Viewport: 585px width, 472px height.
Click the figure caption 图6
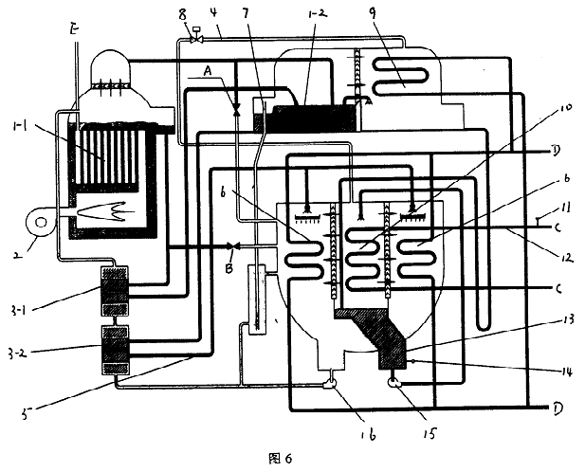click(283, 460)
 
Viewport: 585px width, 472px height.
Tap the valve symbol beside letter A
click(236, 109)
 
